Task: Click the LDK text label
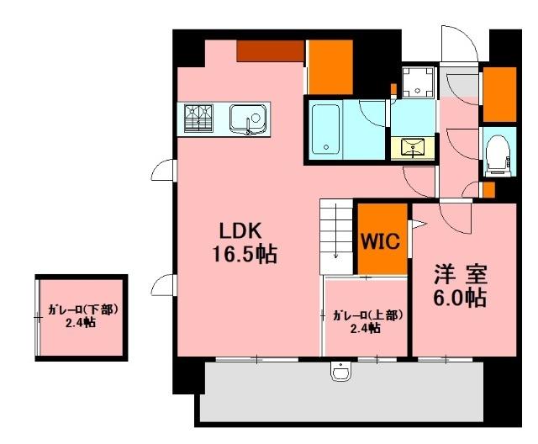pyautogui.click(x=242, y=230)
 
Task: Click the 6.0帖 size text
pyautogui.click(x=462, y=297)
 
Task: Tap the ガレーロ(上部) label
pyautogui.click(x=367, y=315)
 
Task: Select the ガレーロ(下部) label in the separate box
pyautogui.click(x=82, y=309)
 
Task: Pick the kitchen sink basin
pyautogui.click(x=247, y=119)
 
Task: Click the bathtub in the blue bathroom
pyautogui.click(x=326, y=128)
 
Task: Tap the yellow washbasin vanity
pyautogui.click(x=414, y=148)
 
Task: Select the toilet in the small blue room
pyautogui.click(x=498, y=154)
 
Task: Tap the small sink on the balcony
pyautogui.click(x=341, y=370)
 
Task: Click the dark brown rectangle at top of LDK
pyautogui.click(x=269, y=51)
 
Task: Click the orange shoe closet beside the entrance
pyautogui.click(x=499, y=92)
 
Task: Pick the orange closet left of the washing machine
pyautogui.click(x=330, y=65)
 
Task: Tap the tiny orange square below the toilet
pyautogui.click(x=489, y=190)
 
